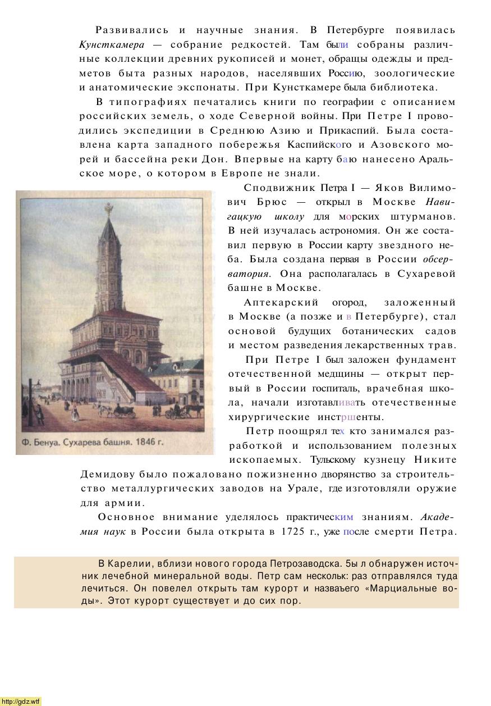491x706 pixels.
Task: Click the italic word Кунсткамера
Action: (112, 44)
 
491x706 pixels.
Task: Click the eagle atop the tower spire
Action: (109, 209)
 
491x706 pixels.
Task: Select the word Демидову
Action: (106, 475)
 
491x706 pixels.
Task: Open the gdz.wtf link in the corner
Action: (21, 701)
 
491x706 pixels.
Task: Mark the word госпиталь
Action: (336, 388)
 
